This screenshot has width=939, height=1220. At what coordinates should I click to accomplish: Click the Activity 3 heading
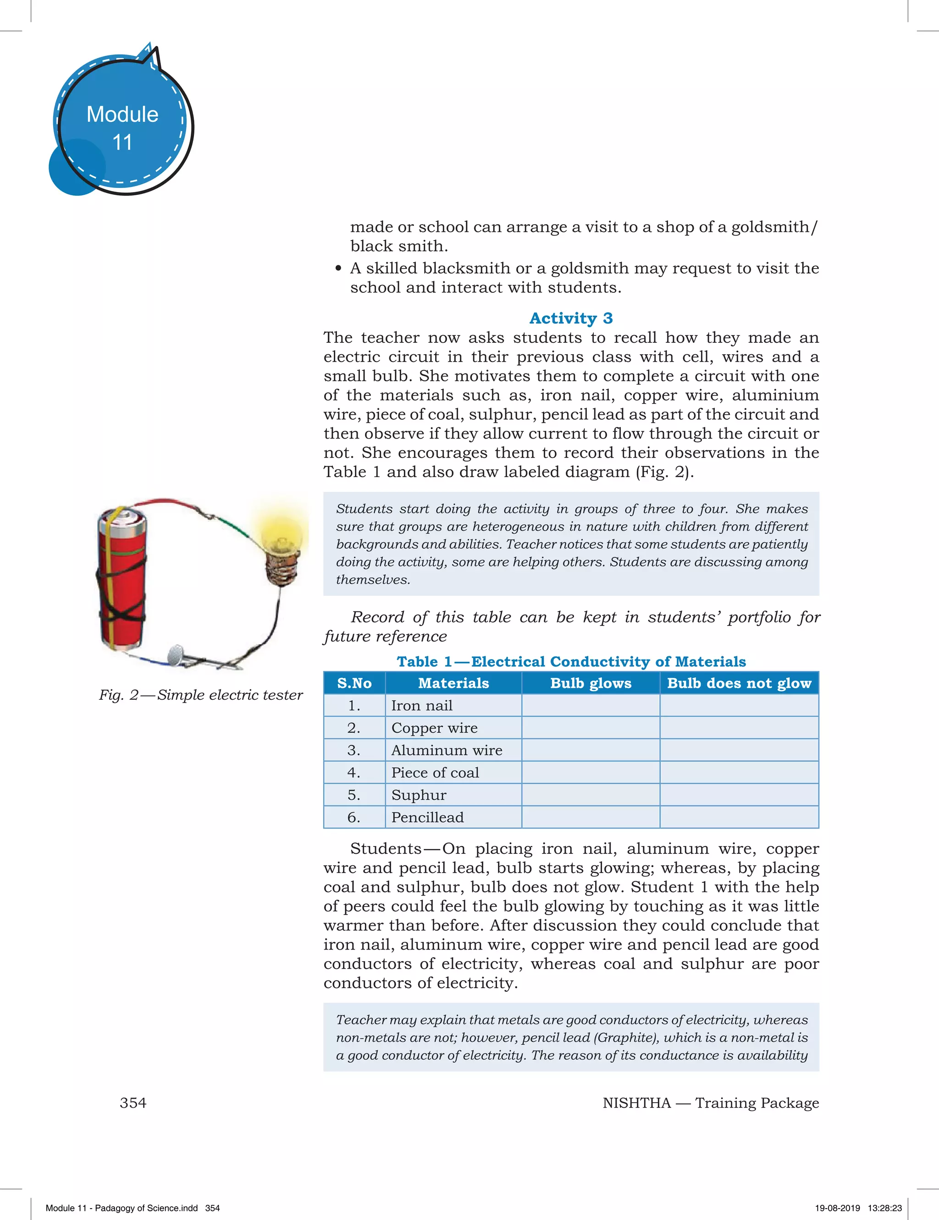571,319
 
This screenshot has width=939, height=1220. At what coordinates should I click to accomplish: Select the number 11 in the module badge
122,143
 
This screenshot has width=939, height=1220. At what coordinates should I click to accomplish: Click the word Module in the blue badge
122,115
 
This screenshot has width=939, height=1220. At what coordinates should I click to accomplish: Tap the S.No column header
354,683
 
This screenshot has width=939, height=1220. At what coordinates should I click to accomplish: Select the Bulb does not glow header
739,683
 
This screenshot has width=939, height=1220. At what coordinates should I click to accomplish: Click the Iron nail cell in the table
422,705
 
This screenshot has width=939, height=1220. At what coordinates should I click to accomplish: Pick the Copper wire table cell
434,728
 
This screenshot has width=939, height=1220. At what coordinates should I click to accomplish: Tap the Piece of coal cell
435,773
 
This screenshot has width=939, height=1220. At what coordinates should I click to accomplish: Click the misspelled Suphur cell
419,795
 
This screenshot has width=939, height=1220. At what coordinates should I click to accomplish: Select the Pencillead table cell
428,817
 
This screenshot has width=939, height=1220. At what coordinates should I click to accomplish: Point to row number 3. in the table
354,750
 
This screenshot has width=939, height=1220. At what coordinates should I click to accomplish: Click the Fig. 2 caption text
201,695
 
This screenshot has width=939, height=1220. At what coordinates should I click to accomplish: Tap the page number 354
133,1103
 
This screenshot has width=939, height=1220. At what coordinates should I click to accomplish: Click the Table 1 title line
571,662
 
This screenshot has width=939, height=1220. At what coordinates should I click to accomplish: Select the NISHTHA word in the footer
636,1103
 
